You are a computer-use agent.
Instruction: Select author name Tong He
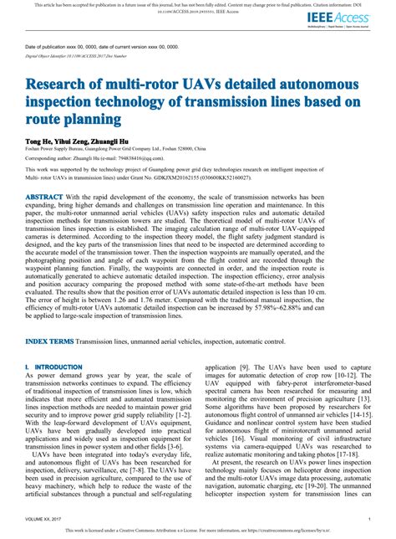(39, 143)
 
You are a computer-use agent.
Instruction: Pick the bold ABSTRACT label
(43, 219)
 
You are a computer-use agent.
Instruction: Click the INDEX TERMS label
(48, 343)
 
